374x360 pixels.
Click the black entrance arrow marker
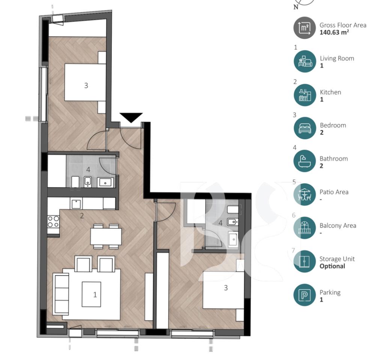pos(131,117)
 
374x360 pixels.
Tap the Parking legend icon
pos(305,295)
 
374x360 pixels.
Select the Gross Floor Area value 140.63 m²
pos(334,32)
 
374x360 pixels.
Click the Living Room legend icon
pos(305,61)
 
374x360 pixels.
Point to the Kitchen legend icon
pos(305,95)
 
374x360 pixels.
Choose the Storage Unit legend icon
pos(305,261)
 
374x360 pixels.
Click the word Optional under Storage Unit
pos(332,266)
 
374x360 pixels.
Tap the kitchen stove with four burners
pos(53,222)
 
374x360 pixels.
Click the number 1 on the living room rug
pos(95,295)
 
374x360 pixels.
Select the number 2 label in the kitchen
pos(82,216)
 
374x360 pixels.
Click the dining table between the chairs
pos(106,236)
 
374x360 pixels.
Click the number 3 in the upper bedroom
pos(86,85)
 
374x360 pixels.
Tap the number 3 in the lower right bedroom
pos(226,288)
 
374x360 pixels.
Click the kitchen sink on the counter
pos(76,204)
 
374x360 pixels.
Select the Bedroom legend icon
pos(305,128)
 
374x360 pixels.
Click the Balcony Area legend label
pos(338,225)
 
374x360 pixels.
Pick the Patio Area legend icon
pos(305,195)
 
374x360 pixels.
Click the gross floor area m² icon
pos(305,28)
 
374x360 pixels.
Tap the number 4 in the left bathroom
pos(88,170)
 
